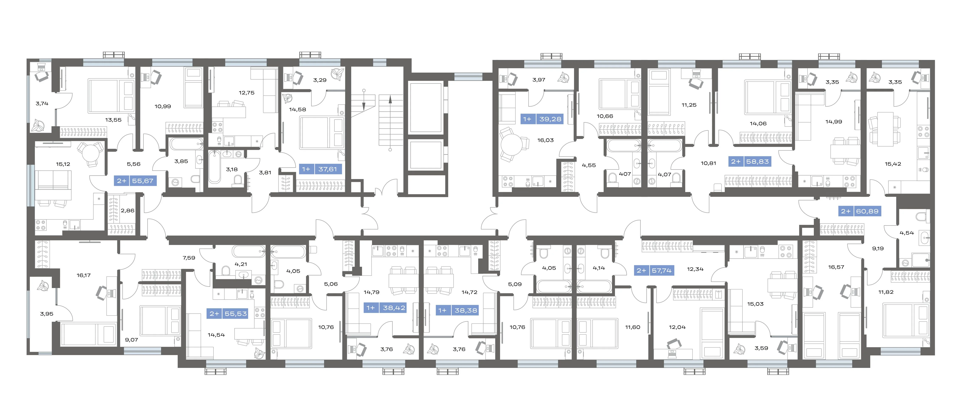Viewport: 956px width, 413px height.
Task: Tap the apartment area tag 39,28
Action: tap(542, 119)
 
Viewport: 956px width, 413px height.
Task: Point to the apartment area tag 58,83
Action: tap(750, 161)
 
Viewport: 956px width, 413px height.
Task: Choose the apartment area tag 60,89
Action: tap(860, 211)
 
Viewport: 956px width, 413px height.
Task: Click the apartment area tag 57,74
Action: tap(654, 270)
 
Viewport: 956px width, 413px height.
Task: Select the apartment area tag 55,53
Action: tap(228, 314)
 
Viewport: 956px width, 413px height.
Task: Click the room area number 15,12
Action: tap(63, 164)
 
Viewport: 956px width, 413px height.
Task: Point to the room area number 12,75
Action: tap(247, 93)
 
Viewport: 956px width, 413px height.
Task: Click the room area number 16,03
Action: tap(546, 140)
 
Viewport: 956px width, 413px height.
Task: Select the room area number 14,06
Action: tap(758, 124)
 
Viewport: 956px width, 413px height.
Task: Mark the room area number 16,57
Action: tap(836, 267)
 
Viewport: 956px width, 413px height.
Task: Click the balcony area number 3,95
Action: tap(47, 314)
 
